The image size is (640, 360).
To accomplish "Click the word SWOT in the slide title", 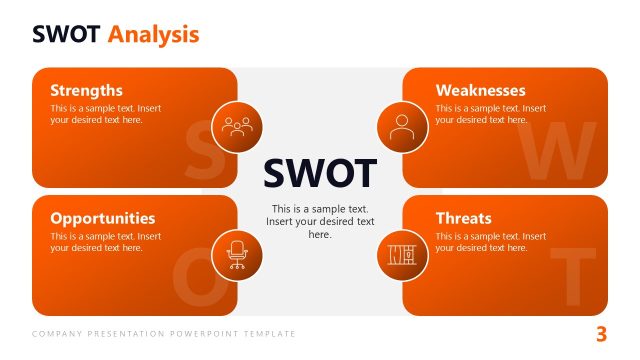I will [x=67, y=35].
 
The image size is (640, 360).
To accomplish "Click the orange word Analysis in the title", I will [x=154, y=35].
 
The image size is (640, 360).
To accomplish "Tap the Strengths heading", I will [x=86, y=90].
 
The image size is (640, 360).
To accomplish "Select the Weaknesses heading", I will [x=480, y=90].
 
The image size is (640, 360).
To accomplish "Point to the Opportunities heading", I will [x=102, y=218].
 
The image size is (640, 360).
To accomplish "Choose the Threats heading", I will [x=463, y=218].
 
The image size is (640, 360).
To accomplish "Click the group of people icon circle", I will [x=237, y=127].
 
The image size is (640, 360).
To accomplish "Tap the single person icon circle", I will [x=402, y=127].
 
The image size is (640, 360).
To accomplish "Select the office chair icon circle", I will [x=237, y=254].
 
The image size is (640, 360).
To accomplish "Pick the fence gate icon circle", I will [x=402, y=254].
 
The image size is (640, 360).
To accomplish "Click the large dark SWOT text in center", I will [x=320, y=173].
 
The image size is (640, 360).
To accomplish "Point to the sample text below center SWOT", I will [x=320, y=221].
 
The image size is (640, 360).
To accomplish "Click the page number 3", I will [x=601, y=334].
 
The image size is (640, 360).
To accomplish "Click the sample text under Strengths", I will [x=105, y=114].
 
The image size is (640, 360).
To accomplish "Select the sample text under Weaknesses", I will [x=490, y=114].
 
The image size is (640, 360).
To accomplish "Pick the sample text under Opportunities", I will [x=105, y=242].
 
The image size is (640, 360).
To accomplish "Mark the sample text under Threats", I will [x=490, y=242].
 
